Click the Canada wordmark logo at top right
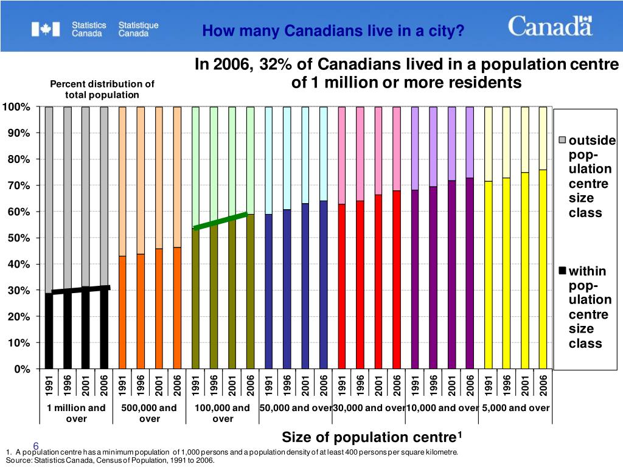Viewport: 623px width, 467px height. pos(550,26)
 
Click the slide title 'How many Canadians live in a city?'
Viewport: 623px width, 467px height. pos(333,30)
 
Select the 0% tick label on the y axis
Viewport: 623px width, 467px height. pos(21,369)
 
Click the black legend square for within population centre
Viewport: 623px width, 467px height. pos(563,271)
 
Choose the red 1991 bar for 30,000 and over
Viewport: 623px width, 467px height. pos(342,286)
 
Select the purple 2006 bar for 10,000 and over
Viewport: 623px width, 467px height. pos(470,273)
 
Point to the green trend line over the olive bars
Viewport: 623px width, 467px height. pos(220,221)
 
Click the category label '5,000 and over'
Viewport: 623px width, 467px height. pos(515,408)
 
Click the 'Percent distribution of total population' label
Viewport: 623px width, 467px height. pos(102,89)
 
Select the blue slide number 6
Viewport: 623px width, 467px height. pos(36,446)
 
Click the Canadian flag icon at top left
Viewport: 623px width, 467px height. pos(46,29)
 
